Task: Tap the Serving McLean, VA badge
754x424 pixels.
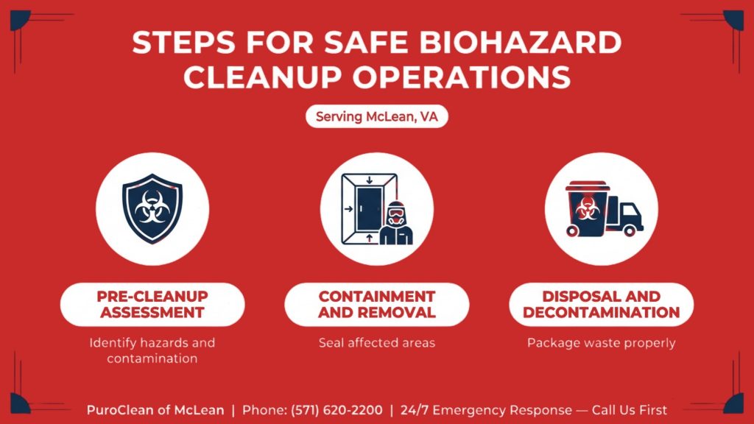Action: [376, 117]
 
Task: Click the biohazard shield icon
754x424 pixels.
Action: [152, 208]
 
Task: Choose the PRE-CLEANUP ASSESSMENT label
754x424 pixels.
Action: [152, 304]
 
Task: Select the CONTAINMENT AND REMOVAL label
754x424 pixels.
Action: [376, 304]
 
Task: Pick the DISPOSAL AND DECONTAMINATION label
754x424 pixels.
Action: [601, 304]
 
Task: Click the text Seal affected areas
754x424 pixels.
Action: [376, 343]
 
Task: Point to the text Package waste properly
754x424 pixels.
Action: [601, 343]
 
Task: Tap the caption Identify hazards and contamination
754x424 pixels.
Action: [152, 351]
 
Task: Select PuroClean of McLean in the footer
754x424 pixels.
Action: [155, 410]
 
